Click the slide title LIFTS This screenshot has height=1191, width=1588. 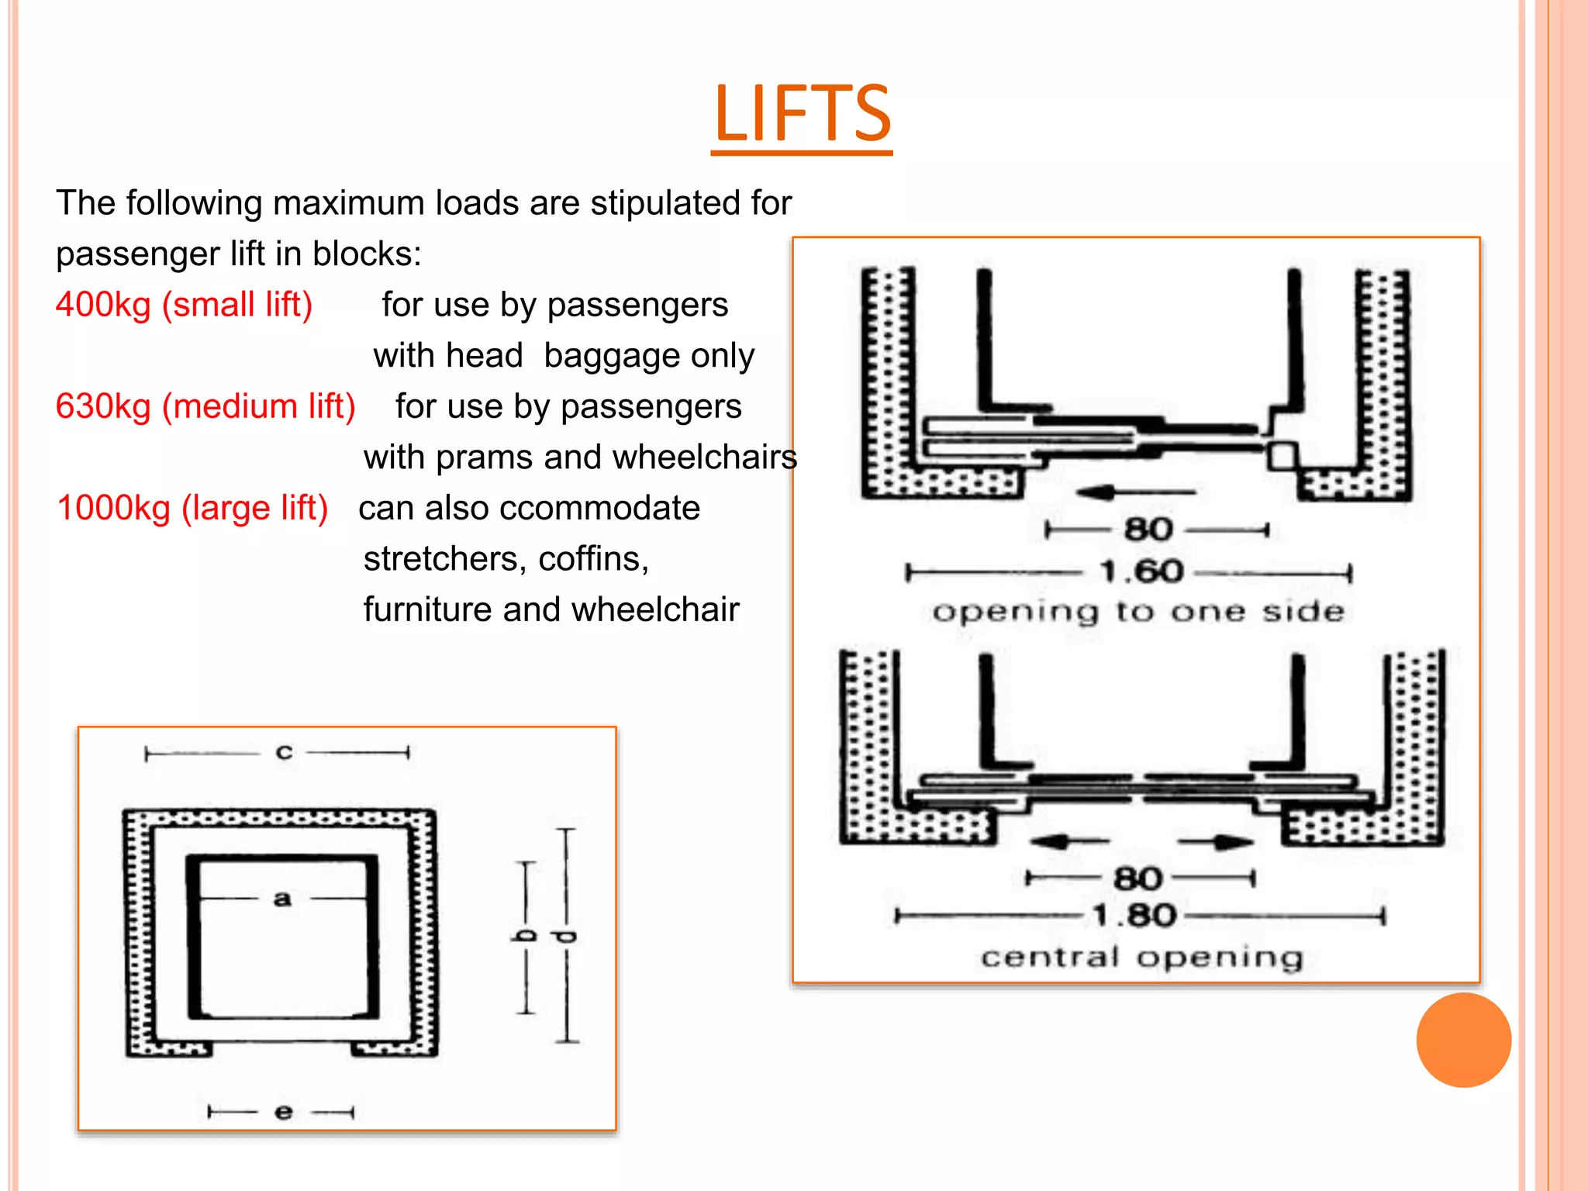coord(802,115)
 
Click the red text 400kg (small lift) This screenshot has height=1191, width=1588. coord(184,305)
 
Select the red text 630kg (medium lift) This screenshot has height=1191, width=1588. coord(205,406)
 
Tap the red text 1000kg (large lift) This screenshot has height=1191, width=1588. coord(192,508)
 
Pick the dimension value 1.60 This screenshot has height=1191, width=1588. coord(1141,572)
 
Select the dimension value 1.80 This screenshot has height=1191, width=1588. coord(1134,916)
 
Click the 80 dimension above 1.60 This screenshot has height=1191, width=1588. coord(1148,530)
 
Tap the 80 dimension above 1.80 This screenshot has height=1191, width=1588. coord(1137,879)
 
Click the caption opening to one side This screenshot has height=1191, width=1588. coord(1137,612)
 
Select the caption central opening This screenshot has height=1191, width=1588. coord(1141,958)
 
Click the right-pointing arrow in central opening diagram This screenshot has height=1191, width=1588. coord(1216,842)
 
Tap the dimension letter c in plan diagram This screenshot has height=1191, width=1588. coord(284,752)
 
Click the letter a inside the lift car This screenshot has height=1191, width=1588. coord(282,899)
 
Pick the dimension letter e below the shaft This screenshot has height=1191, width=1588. coord(283,1112)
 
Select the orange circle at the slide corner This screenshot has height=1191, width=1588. coord(1463,1040)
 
